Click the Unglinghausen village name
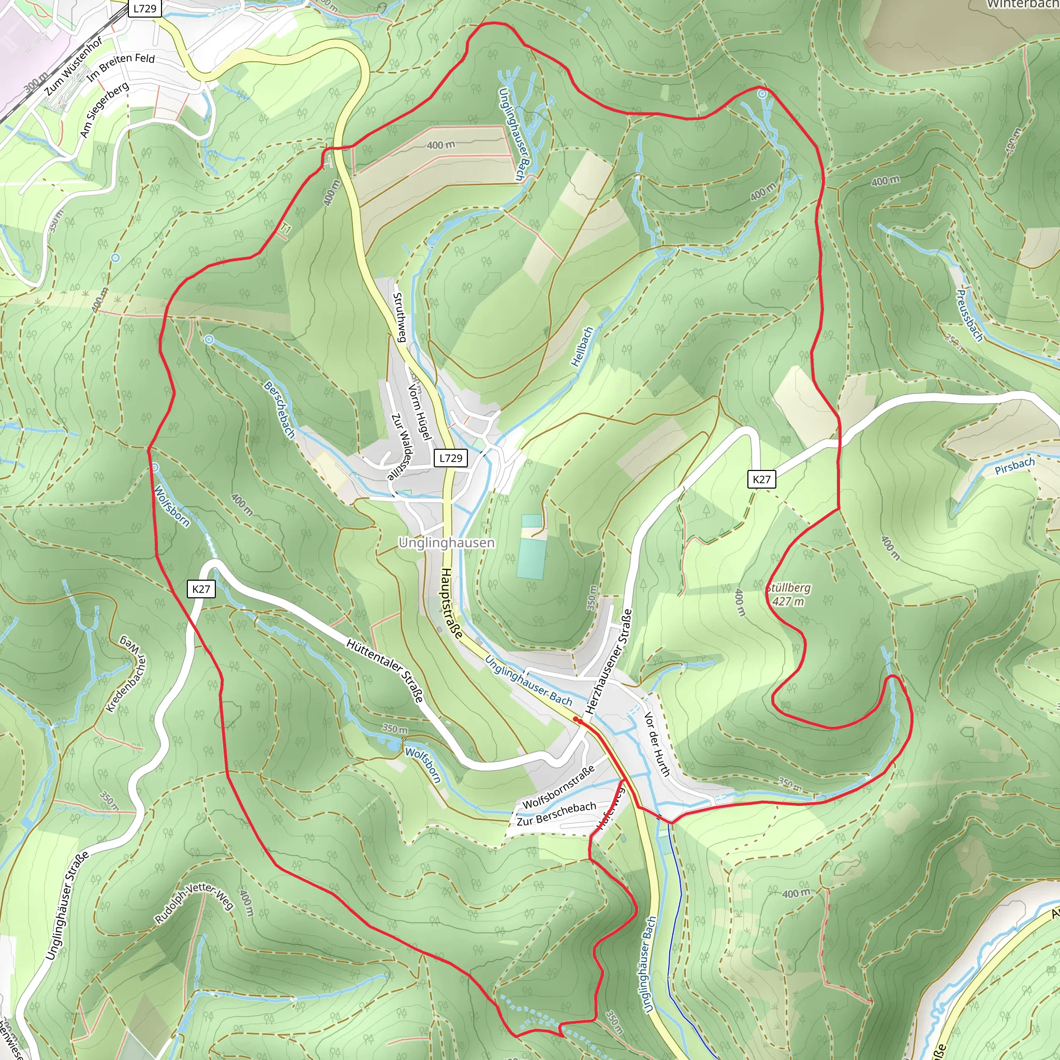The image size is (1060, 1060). (x=446, y=542)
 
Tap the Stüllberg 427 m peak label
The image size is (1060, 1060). (x=788, y=595)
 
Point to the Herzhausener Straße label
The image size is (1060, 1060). (x=609, y=661)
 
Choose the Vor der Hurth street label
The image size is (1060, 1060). (x=657, y=744)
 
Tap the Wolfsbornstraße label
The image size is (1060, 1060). (x=558, y=787)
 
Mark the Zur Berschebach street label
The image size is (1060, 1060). (x=556, y=814)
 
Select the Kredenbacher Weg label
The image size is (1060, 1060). (x=126, y=674)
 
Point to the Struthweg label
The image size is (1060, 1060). (x=400, y=317)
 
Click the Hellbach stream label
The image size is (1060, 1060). (x=582, y=347)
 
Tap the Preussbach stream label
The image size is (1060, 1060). (x=969, y=316)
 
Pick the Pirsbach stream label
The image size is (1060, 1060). (x=1014, y=466)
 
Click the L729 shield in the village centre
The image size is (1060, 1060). (x=450, y=458)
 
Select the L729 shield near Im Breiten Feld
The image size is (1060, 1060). (x=145, y=8)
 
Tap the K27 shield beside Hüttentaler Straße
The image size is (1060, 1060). (x=201, y=589)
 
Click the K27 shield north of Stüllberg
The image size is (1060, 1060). (x=761, y=479)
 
